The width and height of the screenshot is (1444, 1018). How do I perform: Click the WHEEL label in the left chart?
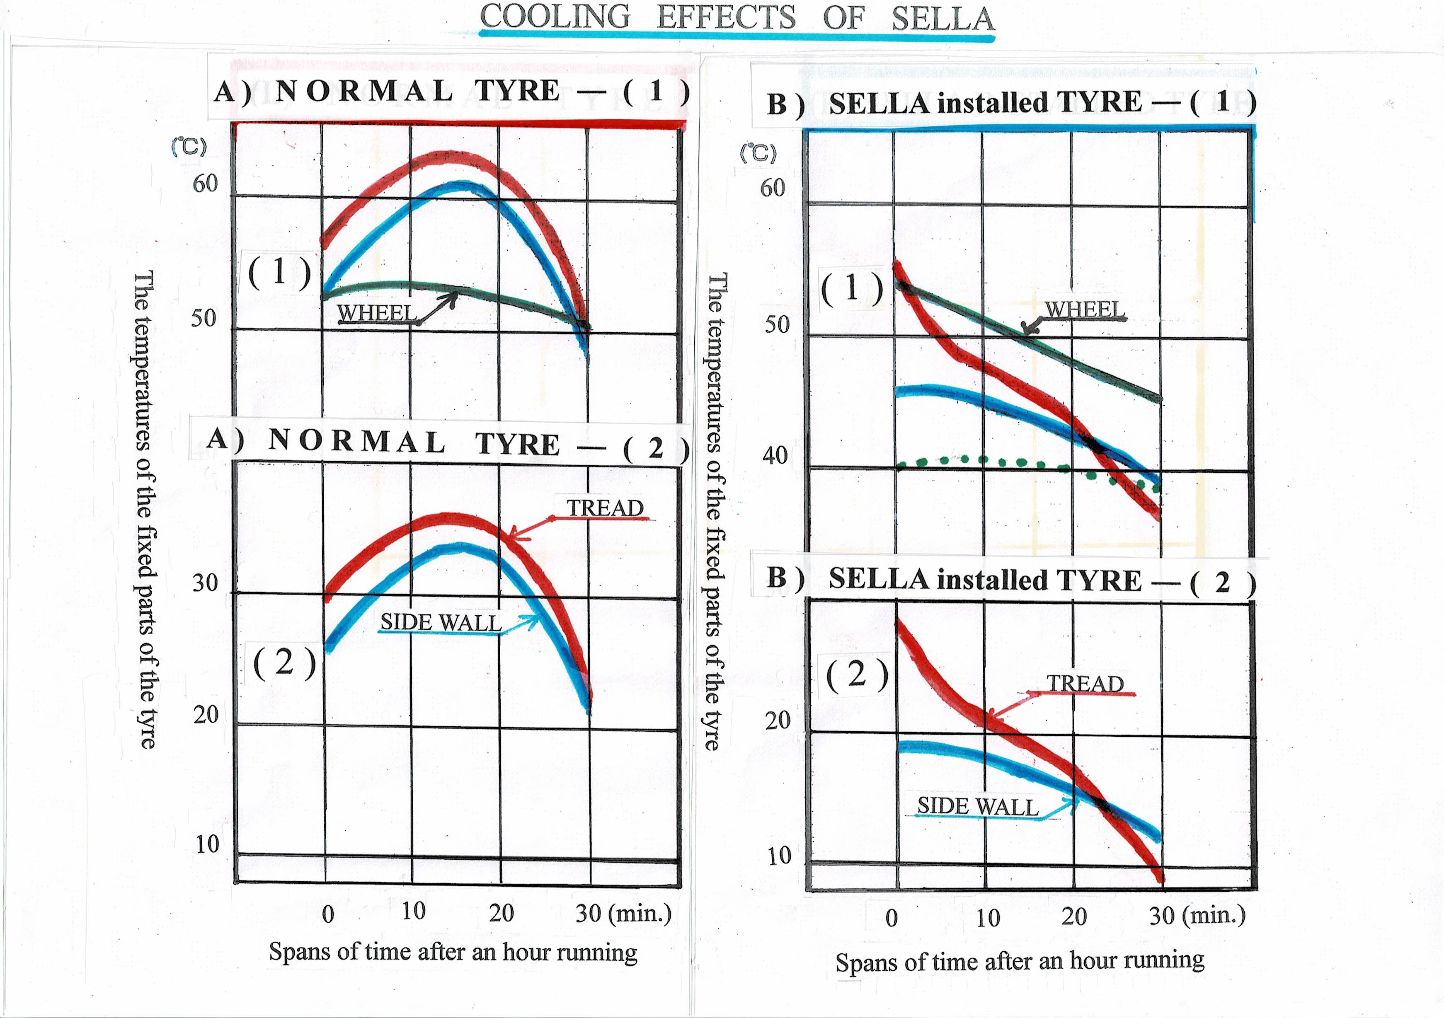(x=376, y=312)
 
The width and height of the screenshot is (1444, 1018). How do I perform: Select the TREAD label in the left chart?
(x=605, y=508)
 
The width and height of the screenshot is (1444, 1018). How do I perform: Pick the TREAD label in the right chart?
(x=1085, y=684)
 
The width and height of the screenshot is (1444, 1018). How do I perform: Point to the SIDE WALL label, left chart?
(x=440, y=622)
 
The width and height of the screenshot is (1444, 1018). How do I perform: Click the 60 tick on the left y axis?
(x=205, y=184)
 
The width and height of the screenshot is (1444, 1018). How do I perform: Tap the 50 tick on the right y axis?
(x=777, y=324)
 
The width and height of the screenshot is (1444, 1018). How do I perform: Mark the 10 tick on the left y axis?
(x=207, y=844)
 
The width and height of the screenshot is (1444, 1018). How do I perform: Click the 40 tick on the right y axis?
(x=775, y=455)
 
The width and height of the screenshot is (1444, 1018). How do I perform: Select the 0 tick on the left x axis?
(x=328, y=914)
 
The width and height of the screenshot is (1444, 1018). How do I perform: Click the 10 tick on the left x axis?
(x=413, y=911)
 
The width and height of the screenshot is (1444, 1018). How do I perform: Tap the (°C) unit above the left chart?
(x=189, y=147)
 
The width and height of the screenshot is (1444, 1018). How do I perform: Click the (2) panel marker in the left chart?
(x=284, y=663)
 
